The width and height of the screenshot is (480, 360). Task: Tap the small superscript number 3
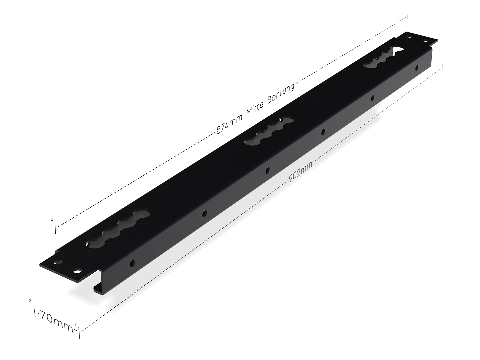point(52,221)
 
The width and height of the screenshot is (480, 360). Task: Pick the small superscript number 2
point(30,301)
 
